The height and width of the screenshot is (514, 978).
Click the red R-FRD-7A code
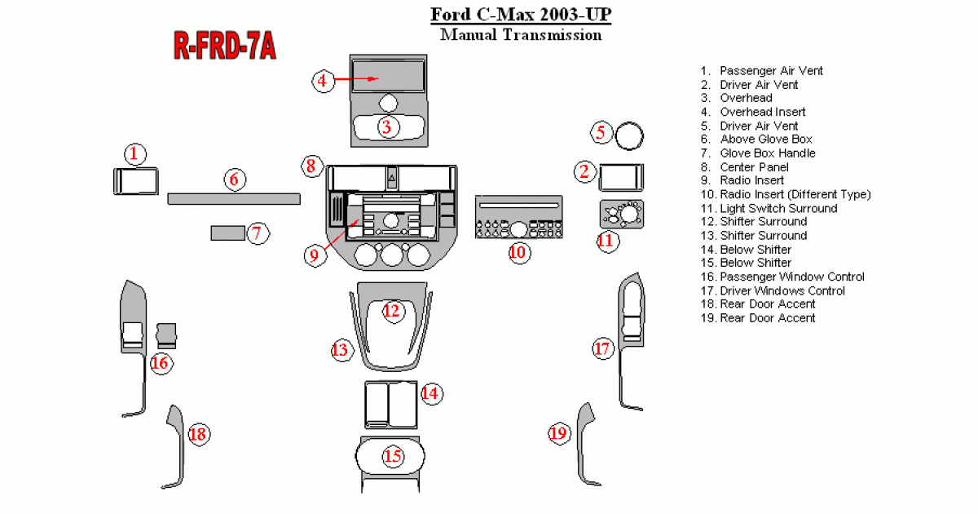click(x=224, y=47)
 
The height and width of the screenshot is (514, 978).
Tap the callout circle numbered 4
click(x=323, y=80)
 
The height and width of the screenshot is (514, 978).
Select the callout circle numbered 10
click(x=518, y=251)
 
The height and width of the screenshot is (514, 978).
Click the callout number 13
click(x=340, y=351)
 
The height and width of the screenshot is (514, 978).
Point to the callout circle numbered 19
click(x=558, y=433)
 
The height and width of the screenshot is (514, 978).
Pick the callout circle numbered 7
click(x=256, y=234)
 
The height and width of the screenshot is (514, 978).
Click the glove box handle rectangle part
click(x=226, y=233)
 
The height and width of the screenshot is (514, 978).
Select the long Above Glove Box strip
click(x=233, y=198)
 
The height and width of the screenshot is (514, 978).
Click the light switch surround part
click(x=621, y=213)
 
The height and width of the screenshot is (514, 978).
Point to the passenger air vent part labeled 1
click(x=135, y=181)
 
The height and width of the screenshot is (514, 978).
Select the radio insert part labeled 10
click(x=518, y=217)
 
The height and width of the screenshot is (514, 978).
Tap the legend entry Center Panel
click(x=754, y=167)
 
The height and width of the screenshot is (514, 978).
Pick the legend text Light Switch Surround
click(x=778, y=208)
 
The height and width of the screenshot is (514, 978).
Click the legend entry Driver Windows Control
click(x=782, y=290)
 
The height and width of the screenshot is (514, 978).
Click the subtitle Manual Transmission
click(x=521, y=35)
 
